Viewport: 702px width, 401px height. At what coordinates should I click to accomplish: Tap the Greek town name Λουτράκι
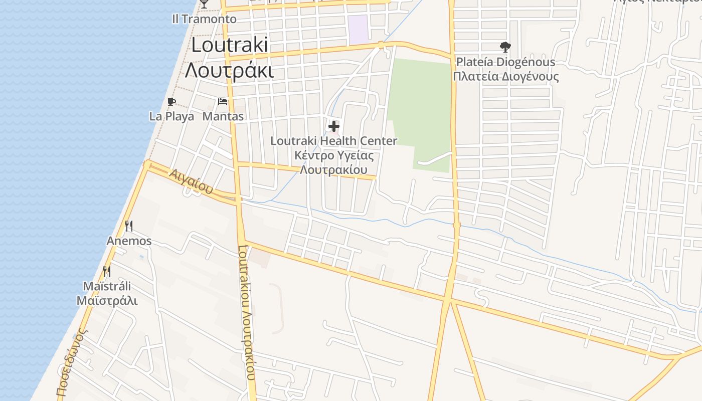coord(230,71)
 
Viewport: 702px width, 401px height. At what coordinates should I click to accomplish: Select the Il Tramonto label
coord(204,19)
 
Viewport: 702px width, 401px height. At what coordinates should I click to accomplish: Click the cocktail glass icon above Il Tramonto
coord(204,4)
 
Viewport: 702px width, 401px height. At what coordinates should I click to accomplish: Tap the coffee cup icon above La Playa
coord(171,102)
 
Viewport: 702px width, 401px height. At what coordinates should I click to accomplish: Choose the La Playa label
coord(171,116)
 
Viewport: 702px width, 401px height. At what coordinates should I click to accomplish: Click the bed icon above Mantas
coord(223,102)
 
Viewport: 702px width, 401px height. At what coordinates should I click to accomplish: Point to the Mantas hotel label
coord(223,116)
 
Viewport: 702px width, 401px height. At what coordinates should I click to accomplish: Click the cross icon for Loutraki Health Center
coord(334,126)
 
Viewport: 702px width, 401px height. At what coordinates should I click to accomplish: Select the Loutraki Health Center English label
coord(334,141)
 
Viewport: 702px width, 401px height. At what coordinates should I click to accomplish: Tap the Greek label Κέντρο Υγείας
coord(334,155)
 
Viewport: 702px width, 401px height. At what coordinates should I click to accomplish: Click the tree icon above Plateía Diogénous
coord(505,48)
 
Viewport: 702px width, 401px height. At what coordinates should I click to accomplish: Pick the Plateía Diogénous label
coord(505,62)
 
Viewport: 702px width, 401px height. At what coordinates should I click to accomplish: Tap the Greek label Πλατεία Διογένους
coord(505,77)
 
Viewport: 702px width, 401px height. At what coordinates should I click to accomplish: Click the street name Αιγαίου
coord(191,182)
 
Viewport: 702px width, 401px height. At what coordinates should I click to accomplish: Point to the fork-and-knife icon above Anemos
coord(129,226)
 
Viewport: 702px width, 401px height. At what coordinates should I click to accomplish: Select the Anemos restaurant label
coord(129,241)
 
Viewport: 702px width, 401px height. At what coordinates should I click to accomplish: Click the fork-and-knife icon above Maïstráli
coord(107,272)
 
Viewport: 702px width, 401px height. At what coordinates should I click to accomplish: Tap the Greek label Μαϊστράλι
coord(107,301)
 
